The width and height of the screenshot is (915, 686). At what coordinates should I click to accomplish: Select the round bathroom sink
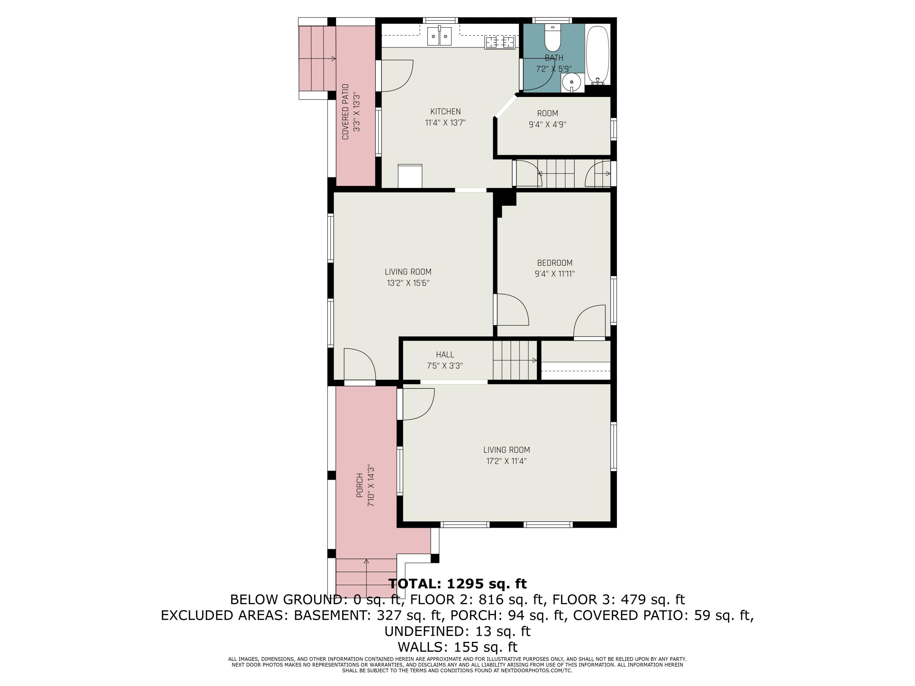(572, 82)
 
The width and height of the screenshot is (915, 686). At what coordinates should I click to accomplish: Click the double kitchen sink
(439, 36)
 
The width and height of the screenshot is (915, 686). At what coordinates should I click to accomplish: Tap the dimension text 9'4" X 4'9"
(547, 124)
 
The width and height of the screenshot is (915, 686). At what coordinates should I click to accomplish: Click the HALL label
(445, 354)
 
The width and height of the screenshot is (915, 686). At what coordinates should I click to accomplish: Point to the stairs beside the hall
(515, 360)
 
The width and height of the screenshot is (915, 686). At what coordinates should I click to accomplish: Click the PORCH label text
(360, 485)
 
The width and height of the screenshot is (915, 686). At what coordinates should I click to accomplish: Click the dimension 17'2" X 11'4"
(506, 461)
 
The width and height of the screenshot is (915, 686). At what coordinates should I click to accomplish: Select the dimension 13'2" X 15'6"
(408, 283)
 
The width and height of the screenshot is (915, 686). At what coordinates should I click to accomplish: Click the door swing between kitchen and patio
(396, 76)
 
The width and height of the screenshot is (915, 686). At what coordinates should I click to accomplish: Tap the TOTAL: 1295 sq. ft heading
(457, 584)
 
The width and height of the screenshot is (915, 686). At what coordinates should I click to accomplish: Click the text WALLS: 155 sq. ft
(457, 647)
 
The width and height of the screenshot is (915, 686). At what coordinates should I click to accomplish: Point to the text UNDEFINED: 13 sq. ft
(457, 631)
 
